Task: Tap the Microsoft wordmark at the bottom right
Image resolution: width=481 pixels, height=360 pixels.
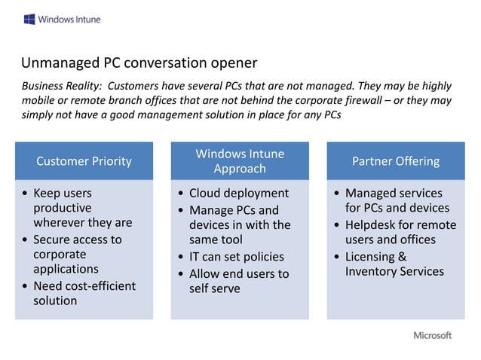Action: coord(432,335)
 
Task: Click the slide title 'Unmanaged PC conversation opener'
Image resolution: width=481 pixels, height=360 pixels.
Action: coord(139,63)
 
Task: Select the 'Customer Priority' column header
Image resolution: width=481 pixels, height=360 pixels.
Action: coord(84,161)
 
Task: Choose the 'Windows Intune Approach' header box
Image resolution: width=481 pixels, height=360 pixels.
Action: coord(240,161)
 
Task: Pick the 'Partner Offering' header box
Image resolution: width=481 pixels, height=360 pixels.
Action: coord(396,161)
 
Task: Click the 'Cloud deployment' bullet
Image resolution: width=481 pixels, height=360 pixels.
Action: coord(238,194)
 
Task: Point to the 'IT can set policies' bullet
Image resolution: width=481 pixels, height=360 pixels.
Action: coord(236,257)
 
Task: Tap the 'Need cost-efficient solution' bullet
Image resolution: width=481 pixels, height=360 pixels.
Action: coord(84,293)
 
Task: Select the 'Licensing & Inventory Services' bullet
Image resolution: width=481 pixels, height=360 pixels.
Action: coord(394,264)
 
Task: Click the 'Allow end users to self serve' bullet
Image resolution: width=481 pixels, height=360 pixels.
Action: coord(238,281)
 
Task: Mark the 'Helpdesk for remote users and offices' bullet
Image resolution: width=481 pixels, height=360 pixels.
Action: coord(400,233)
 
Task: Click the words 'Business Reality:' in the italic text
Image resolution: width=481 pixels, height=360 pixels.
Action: coord(63,87)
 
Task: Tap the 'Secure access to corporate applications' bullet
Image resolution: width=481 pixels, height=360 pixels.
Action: coord(77,254)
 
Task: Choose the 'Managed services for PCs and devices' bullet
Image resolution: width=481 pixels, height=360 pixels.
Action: coord(397,201)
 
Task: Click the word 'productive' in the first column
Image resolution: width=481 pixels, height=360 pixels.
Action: coord(62,208)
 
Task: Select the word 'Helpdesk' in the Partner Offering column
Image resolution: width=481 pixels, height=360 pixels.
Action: coord(371,225)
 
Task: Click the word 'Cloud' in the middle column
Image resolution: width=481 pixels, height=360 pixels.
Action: coord(205,194)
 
